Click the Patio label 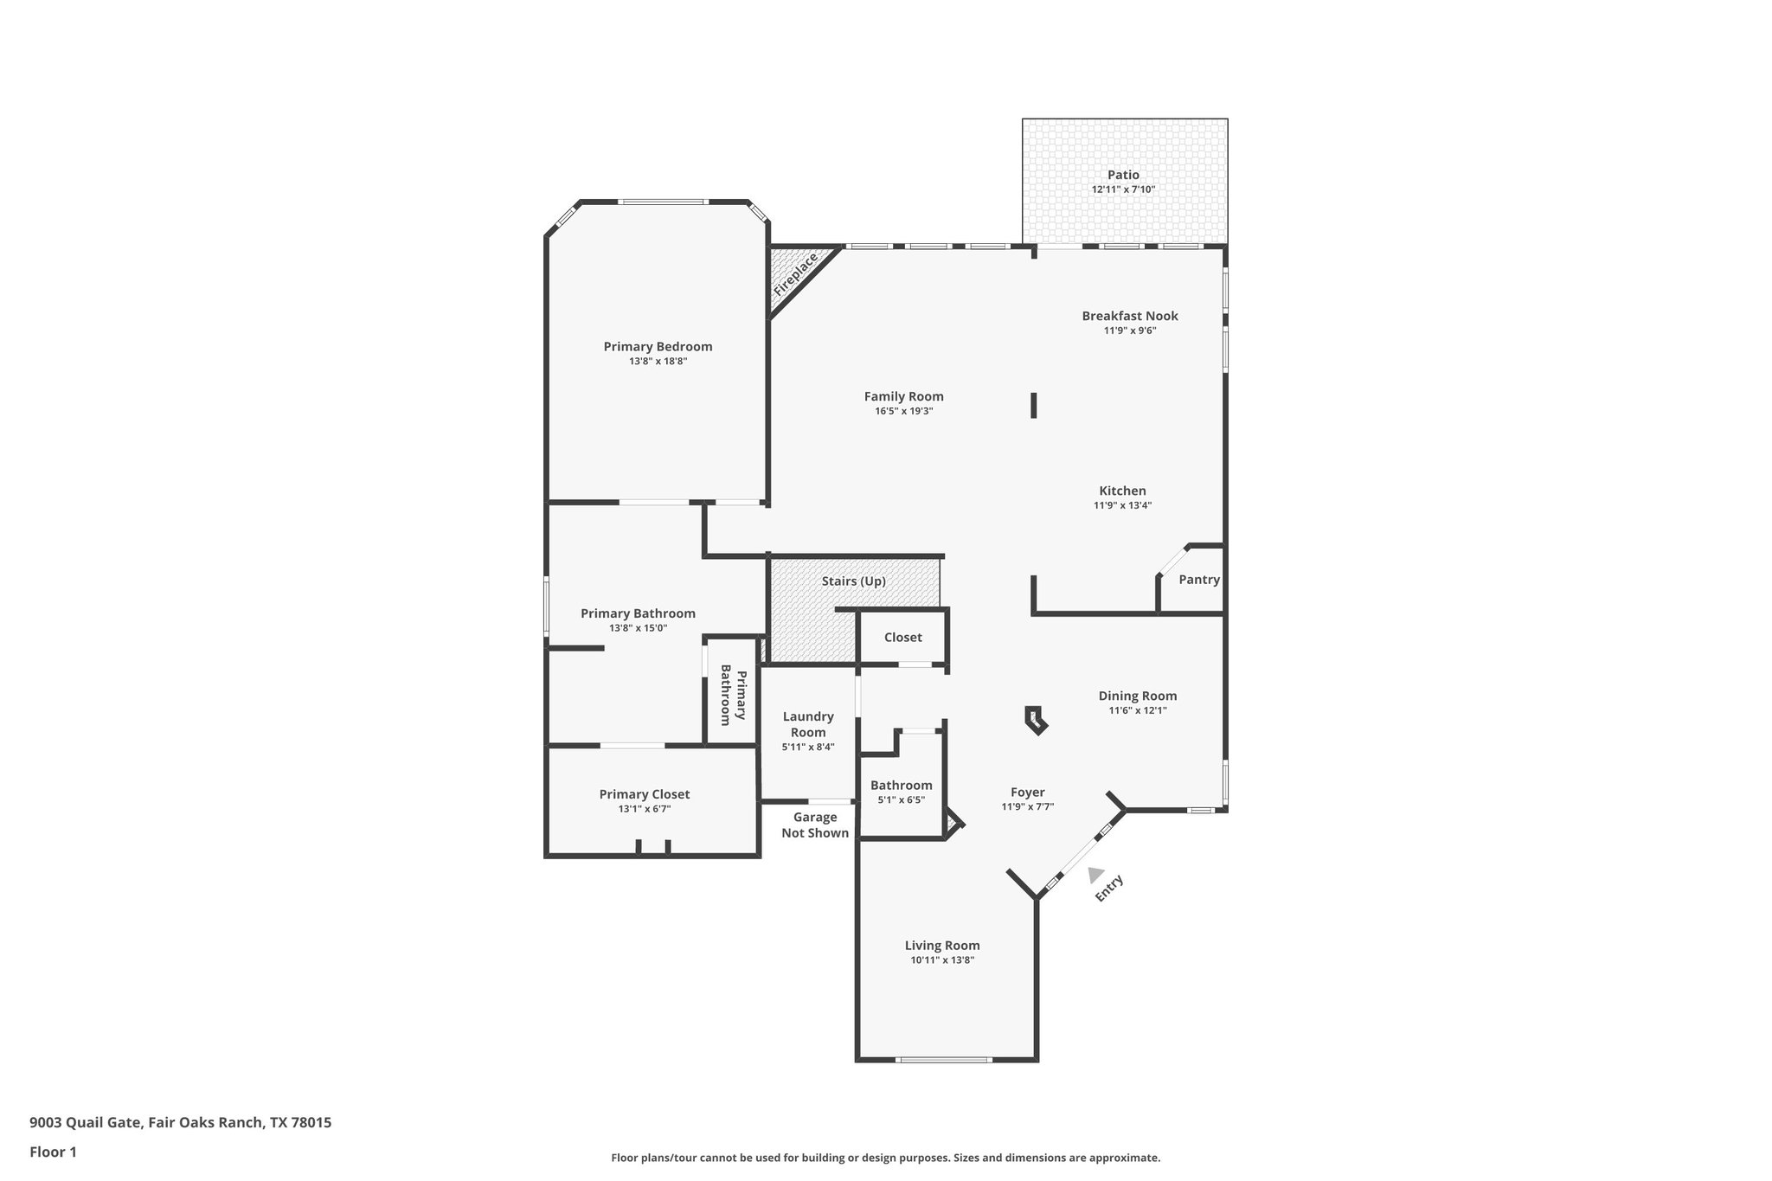(x=1123, y=175)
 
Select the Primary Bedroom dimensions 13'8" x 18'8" (x=658, y=362)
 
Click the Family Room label (x=903, y=396)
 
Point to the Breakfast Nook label (x=1129, y=316)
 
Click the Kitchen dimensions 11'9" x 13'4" (x=1122, y=505)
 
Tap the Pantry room (x=1198, y=580)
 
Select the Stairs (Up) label (x=853, y=581)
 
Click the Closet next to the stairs (x=902, y=638)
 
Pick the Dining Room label (x=1137, y=696)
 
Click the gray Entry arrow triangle (x=1095, y=875)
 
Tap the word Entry (x=1108, y=889)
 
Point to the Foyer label (x=1027, y=793)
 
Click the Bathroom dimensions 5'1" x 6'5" (x=901, y=800)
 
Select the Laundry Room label (x=808, y=724)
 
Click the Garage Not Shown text (x=815, y=825)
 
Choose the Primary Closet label (x=644, y=794)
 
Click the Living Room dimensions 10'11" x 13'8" (x=941, y=960)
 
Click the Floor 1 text (x=53, y=1152)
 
